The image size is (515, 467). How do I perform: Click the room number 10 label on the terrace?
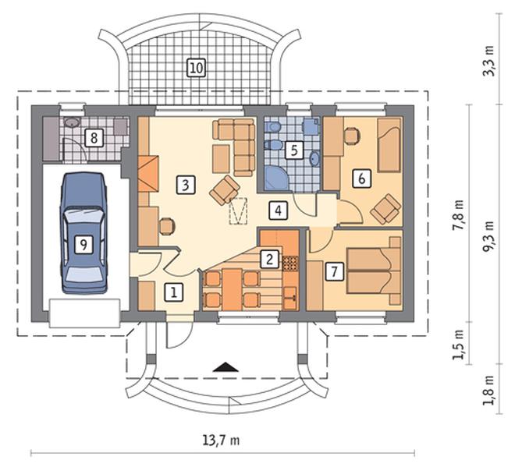point(197,68)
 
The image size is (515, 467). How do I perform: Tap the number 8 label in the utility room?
point(94,138)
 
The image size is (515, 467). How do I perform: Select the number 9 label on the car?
point(83,245)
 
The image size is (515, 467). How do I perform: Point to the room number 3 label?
point(185,185)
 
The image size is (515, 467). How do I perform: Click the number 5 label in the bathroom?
point(294,150)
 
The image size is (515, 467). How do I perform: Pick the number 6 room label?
point(361,179)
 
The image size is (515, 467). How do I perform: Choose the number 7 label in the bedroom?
point(335,271)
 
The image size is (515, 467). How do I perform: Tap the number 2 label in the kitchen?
point(270,260)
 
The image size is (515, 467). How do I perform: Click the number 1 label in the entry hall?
point(173,292)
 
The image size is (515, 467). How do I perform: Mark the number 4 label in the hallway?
point(279,211)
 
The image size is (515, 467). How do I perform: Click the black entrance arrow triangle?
point(226,367)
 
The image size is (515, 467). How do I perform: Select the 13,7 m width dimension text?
point(221,440)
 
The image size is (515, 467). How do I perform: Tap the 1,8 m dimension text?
point(488,390)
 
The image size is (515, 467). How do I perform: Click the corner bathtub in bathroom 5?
point(276,179)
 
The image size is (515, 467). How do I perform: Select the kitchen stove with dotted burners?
point(290,264)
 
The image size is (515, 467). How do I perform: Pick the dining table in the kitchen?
point(233,289)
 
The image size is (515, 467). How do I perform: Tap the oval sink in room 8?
point(72,122)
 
